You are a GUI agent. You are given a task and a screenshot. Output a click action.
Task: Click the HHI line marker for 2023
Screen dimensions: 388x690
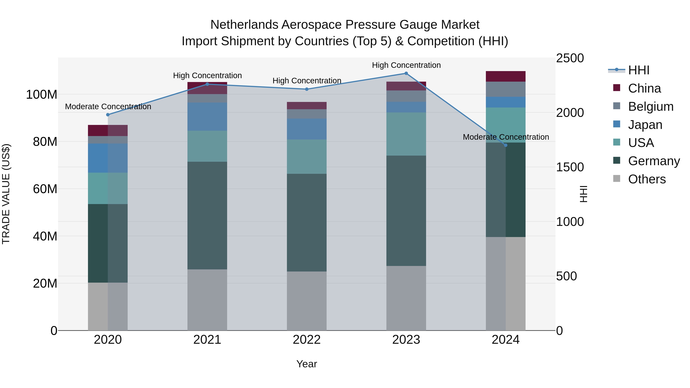406,73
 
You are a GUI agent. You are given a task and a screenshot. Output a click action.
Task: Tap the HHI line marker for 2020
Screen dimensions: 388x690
108,115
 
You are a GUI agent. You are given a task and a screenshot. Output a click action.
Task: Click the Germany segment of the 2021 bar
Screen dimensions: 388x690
207,215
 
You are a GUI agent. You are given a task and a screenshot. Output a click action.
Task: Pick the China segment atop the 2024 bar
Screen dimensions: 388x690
505,76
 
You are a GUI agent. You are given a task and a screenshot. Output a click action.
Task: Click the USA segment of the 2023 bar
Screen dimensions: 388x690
406,134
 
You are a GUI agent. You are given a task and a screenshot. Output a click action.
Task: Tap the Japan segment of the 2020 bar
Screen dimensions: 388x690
108,158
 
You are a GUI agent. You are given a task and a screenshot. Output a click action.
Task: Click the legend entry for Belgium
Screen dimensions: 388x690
650,107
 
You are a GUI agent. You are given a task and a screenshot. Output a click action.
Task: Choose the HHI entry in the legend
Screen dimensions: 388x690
639,70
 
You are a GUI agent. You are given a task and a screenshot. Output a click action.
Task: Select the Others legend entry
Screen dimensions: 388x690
647,179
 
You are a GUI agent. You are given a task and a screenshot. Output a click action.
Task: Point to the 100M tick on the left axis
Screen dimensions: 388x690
42,94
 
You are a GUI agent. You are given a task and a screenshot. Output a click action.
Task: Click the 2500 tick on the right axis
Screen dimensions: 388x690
570,58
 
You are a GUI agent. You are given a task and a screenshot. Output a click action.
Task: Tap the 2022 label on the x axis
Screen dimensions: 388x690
307,340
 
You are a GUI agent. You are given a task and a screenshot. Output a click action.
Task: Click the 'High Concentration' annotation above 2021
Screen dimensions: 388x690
207,75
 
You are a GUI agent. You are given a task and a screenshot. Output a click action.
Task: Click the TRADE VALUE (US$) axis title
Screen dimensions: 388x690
6,194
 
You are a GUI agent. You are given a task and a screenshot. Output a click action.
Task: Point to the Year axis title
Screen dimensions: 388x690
307,364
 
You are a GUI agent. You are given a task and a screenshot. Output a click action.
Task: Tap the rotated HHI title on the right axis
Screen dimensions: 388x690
583,194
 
